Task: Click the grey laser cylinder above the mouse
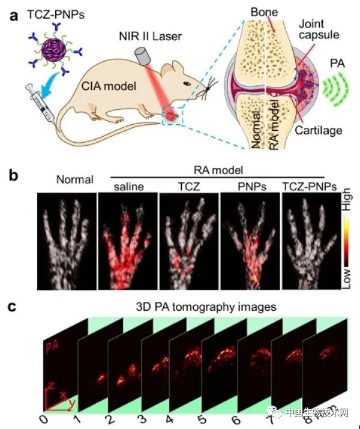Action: point(143,58)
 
